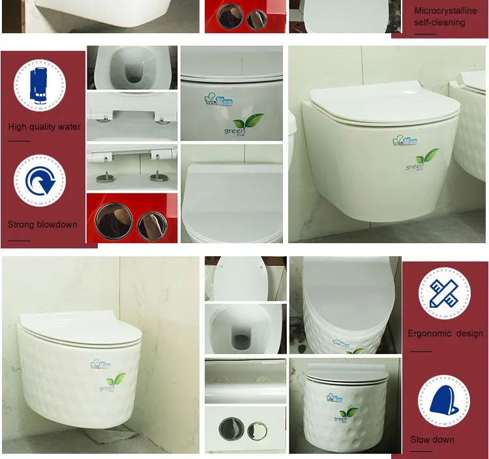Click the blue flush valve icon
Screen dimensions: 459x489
40,85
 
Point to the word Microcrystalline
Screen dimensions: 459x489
445,10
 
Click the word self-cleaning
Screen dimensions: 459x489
439,23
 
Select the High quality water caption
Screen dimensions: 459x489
44,126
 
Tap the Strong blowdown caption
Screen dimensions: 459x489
42,224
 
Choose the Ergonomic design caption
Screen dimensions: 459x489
445,333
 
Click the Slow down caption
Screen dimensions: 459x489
432,439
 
